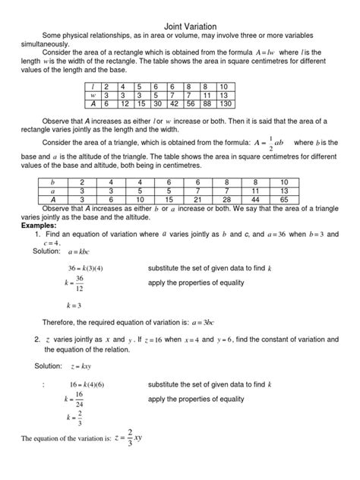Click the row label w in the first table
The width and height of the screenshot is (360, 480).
coord(91,96)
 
